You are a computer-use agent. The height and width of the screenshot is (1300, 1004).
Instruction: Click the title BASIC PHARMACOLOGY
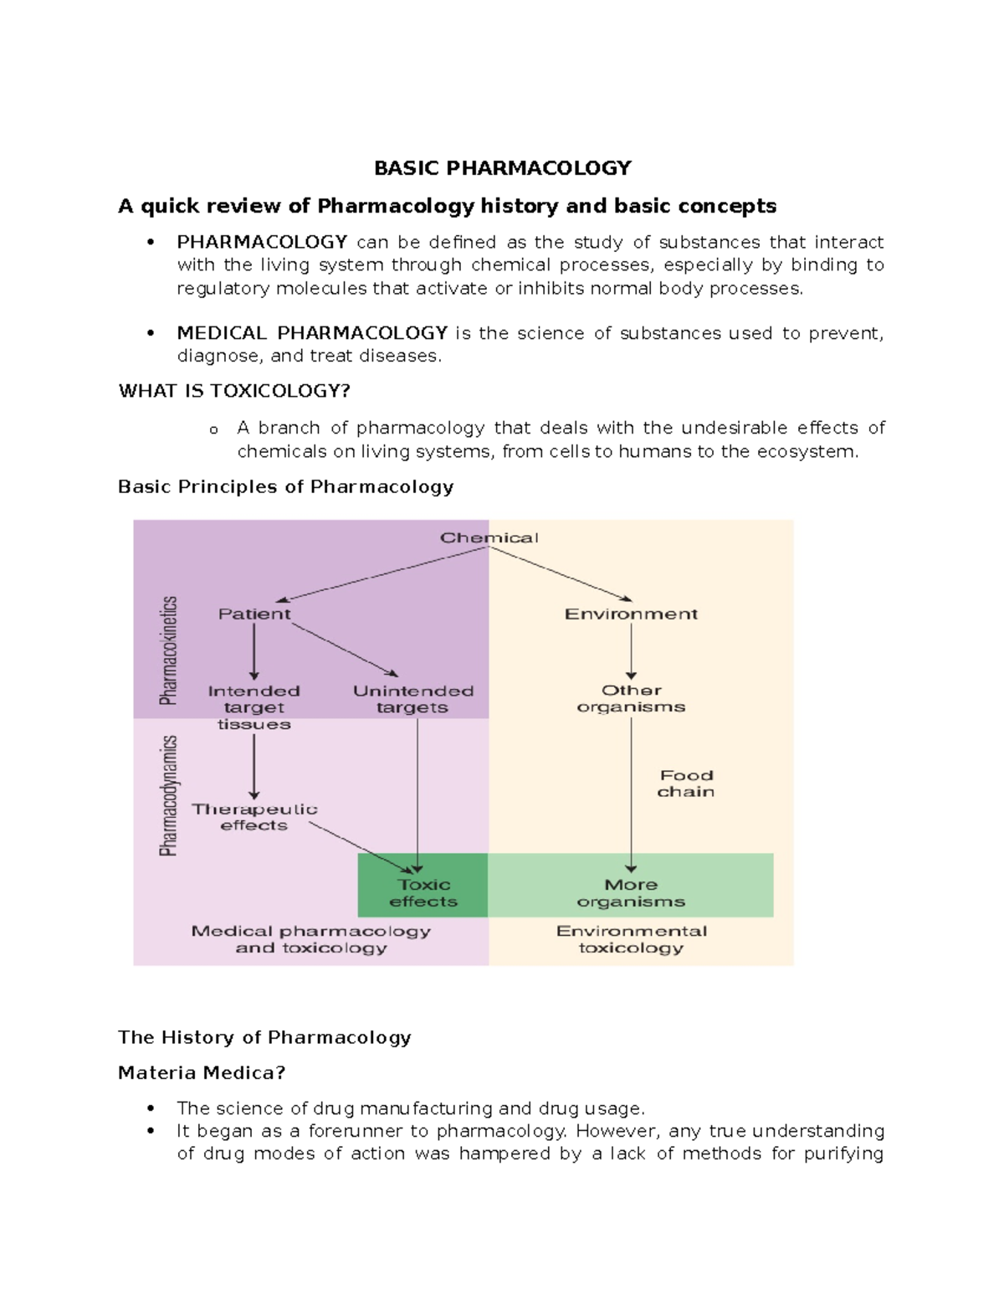coord(502,168)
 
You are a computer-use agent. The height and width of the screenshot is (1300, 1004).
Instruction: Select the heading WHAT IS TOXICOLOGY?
coord(234,391)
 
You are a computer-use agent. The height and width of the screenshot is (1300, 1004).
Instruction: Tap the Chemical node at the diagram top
coord(489,538)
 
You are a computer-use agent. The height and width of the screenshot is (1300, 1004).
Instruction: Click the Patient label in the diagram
coord(254,614)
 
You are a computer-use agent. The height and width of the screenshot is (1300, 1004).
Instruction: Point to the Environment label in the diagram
coord(631,614)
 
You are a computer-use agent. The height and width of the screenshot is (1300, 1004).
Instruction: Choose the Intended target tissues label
coord(254,707)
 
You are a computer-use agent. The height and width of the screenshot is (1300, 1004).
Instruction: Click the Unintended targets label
coord(413,699)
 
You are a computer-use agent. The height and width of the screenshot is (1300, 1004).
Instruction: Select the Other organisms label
coord(632,698)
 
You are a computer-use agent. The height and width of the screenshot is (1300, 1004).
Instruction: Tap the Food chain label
coord(686,784)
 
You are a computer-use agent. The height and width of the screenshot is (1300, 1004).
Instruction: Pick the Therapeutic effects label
coord(254,817)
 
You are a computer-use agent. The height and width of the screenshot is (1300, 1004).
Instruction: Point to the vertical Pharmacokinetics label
coord(169,650)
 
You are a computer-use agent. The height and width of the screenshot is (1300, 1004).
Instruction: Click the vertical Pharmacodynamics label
coord(169,795)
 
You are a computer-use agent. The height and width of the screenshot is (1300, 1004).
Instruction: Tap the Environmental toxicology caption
coord(632,939)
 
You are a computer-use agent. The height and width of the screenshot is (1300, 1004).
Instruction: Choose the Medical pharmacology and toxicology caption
coord(311,939)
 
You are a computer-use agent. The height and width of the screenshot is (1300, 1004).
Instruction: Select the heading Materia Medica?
coord(202,1073)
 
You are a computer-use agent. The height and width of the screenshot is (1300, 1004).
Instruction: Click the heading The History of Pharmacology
coord(264,1038)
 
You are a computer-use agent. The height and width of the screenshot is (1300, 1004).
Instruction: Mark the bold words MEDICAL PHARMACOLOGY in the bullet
coord(312,333)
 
